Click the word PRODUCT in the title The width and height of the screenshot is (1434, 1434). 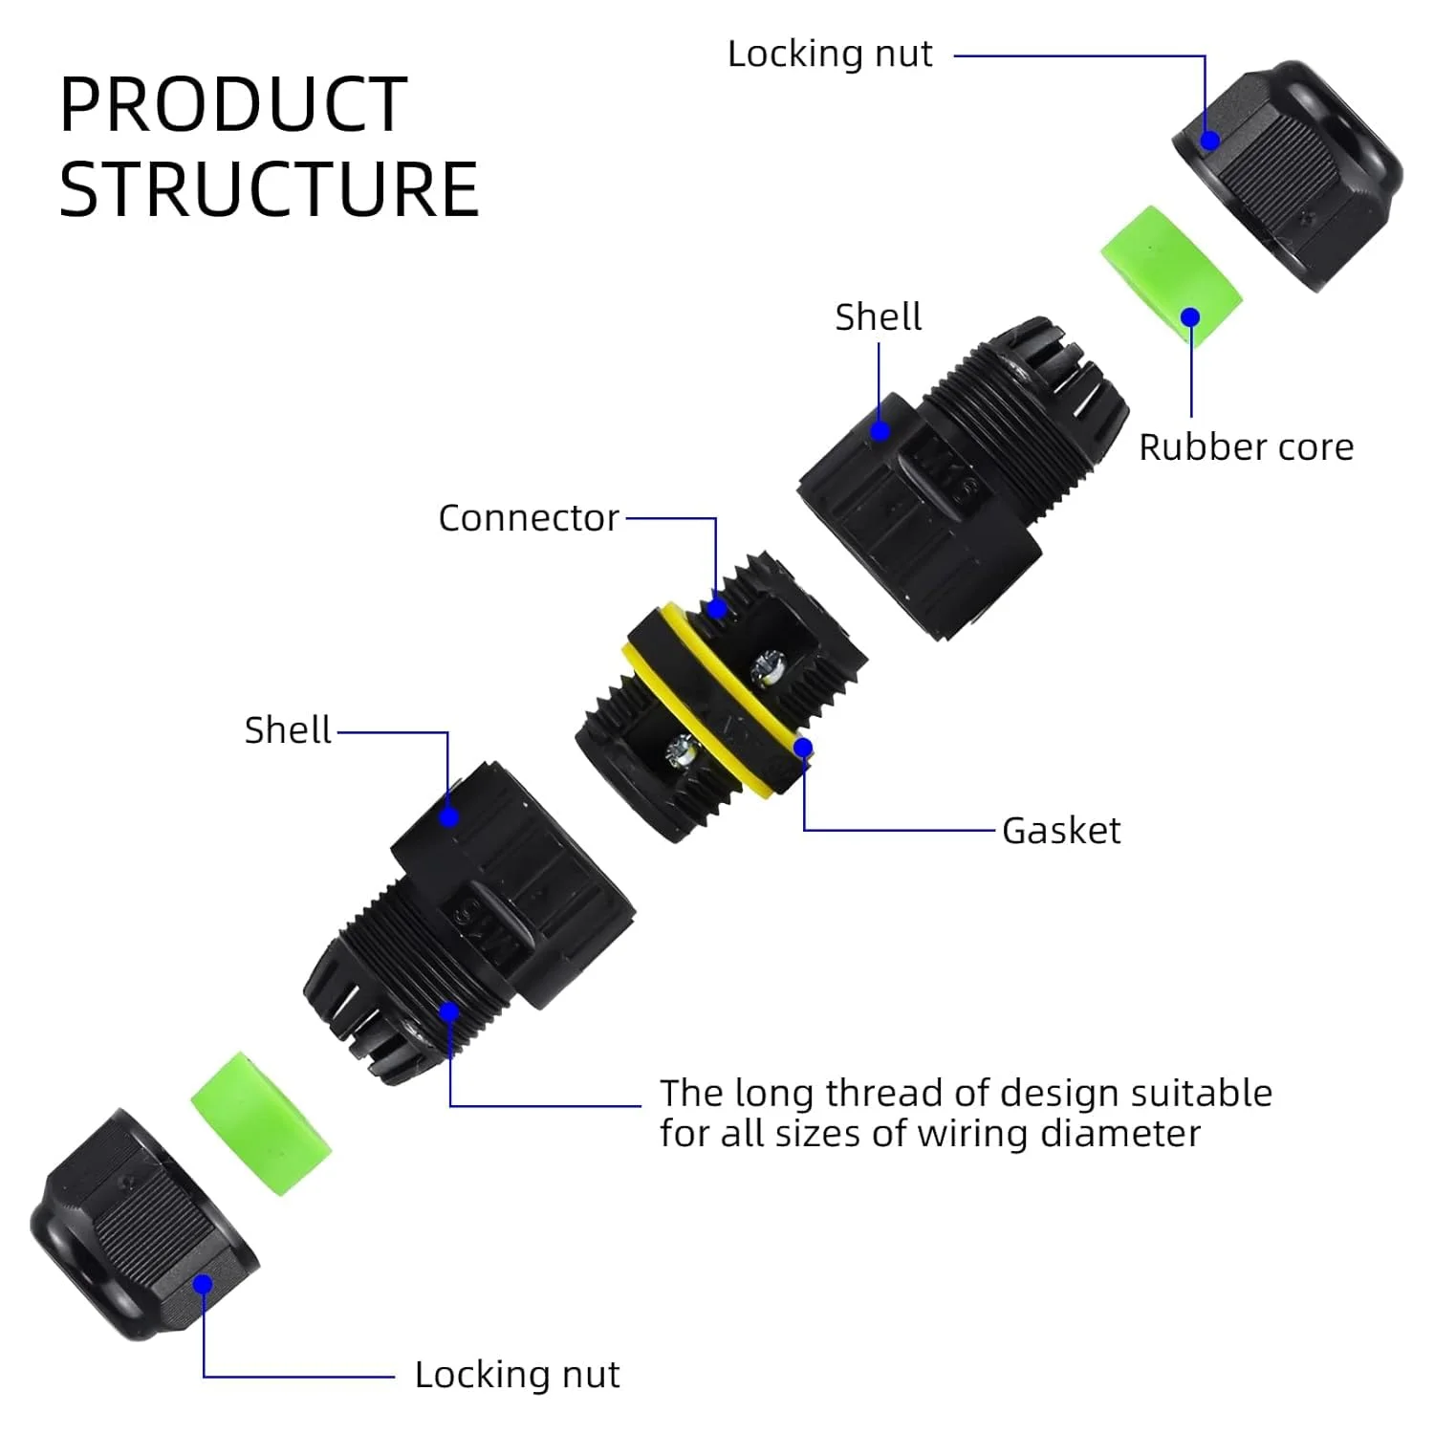coord(233,104)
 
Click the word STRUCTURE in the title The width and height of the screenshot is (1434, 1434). coord(269,189)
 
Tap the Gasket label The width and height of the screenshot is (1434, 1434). coord(1061,831)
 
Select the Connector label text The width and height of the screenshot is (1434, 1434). coord(529,518)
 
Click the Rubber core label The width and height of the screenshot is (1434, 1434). coord(1246,446)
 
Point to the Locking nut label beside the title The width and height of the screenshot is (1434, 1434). coord(830,54)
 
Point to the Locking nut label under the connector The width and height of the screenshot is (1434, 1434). coord(517,1375)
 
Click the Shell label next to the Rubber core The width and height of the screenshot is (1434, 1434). coord(878,316)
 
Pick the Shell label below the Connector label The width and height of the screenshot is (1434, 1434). coord(288,729)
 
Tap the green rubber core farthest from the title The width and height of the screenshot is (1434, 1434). coord(261,1123)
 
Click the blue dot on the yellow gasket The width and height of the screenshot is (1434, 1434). coord(803,748)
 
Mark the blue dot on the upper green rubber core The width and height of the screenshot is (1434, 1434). coord(1190,317)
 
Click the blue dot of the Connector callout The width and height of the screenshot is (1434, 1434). coord(716,607)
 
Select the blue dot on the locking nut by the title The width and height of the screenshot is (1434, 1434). coord(1209,141)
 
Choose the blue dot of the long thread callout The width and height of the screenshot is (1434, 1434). coord(448,1011)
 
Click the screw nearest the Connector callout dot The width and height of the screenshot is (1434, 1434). coord(766,665)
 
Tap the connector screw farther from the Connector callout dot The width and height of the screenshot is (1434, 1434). coord(682,750)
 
